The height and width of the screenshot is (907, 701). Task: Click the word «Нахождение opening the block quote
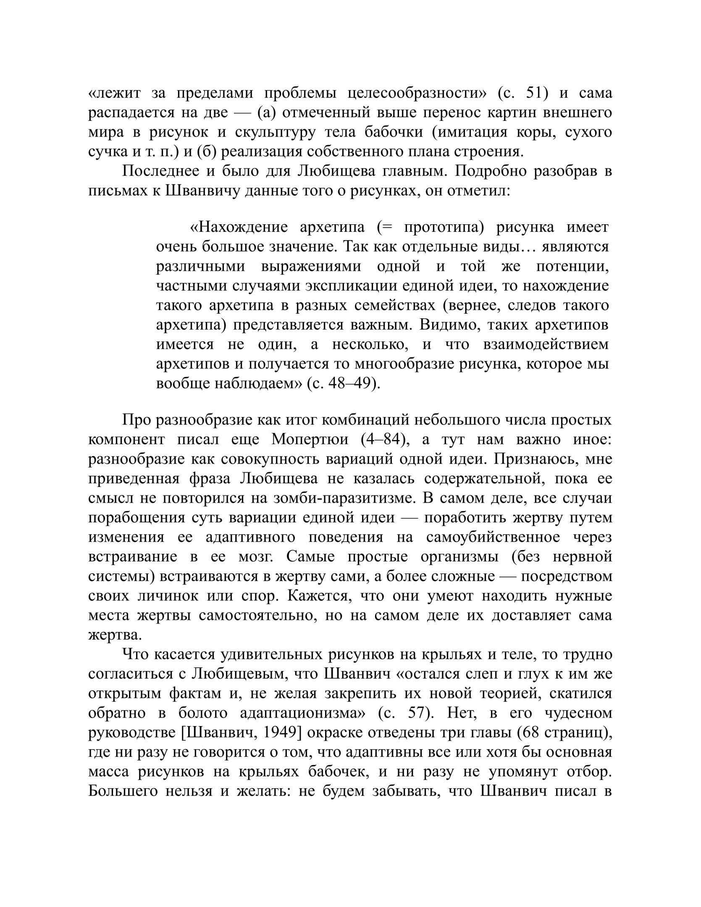[x=239, y=228]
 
